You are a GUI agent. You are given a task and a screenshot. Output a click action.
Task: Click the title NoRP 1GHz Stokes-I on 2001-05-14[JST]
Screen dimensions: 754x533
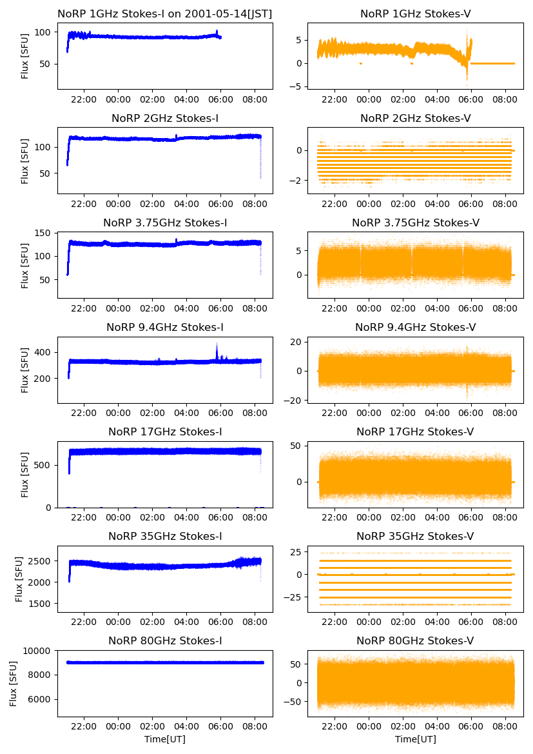pos(164,14)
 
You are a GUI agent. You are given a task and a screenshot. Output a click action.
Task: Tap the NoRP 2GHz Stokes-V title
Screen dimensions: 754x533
pos(415,118)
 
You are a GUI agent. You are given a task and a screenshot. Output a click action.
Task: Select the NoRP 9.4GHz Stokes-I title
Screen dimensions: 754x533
pos(164,327)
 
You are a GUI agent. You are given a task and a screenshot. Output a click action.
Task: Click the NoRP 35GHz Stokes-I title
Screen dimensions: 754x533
pos(164,536)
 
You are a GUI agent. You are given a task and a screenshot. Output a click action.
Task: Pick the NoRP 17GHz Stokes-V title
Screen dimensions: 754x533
pos(415,432)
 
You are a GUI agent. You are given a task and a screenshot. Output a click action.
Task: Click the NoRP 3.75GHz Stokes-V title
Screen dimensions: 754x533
pos(415,223)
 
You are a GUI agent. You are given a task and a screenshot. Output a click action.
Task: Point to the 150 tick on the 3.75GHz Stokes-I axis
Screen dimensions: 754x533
pos(44,233)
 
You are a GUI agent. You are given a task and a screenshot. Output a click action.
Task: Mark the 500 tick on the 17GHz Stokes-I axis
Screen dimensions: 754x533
pos(44,464)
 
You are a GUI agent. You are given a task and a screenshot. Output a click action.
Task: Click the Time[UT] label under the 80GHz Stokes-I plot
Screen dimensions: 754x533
pos(164,739)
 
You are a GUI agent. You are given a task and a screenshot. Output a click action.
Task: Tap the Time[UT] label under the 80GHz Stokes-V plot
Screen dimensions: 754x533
pos(415,739)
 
